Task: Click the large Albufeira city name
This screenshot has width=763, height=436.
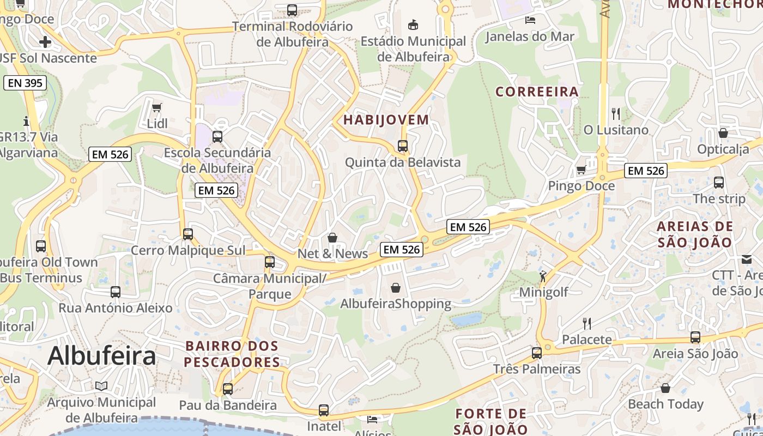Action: pyautogui.click(x=101, y=356)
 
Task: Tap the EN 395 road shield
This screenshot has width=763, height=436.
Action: pyautogui.click(x=25, y=83)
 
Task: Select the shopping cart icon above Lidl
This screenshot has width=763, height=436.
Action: pyautogui.click(x=157, y=108)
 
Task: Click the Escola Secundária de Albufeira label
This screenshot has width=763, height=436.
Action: pyautogui.click(x=217, y=160)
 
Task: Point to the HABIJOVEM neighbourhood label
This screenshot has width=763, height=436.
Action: pyautogui.click(x=386, y=120)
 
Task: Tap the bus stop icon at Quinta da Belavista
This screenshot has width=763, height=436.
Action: pyautogui.click(x=403, y=146)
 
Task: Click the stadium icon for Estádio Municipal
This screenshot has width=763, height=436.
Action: pyautogui.click(x=413, y=25)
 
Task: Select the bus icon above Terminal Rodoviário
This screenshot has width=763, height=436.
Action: pyautogui.click(x=292, y=10)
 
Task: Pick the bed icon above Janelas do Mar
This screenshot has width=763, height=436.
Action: pyautogui.click(x=530, y=20)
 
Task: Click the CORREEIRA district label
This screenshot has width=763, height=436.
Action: pyautogui.click(x=537, y=92)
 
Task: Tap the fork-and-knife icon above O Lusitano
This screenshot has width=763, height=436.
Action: pyautogui.click(x=616, y=114)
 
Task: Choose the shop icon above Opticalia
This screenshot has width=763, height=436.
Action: pyautogui.click(x=723, y=133)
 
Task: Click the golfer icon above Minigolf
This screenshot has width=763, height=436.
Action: pyautogui.click(x=543, y=276)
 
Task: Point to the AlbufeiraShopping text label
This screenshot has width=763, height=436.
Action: pyautogui.click(x=396, y=304)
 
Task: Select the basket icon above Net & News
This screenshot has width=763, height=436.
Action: pyautogui.click(x=332, y=238)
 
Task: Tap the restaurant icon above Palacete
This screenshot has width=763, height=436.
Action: pyautogui.click(x=587, y=324)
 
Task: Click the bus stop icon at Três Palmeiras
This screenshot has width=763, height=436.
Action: pyautogui.click(x=537, y=353)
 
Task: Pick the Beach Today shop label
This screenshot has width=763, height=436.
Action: pyautogui.click(x=665, y=404)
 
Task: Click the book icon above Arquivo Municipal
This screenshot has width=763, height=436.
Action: pyautogui.click(x=101, y=386)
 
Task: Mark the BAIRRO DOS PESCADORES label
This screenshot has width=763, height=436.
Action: pyautogui.click(x=232, y=354)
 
